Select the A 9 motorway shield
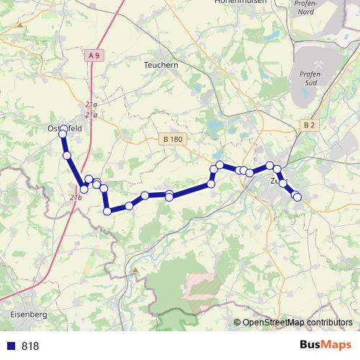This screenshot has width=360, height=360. (x=94, y=55)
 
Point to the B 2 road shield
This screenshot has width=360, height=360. (x=309, y=125)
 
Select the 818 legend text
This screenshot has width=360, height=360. (x=30, y=346)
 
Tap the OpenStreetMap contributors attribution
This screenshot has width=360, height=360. (x=297, y=323)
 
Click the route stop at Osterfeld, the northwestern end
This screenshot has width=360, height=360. (x=63, y=130)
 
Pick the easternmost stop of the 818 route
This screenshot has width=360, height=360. (x=297, y=197)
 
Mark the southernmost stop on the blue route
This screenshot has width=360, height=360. (x=107, y=211)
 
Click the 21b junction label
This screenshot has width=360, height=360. (x=76, y=197)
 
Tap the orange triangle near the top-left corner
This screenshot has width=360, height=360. (x=21, y=25)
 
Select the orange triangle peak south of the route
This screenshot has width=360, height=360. (x=134, y=271)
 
